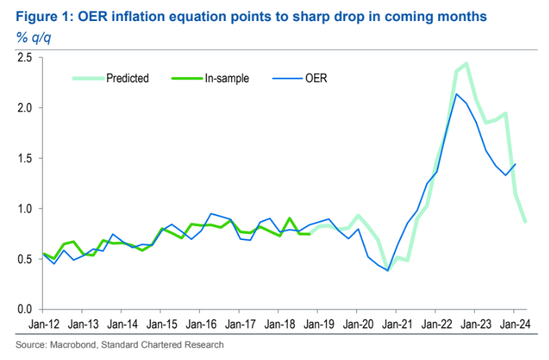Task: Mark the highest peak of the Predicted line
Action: tap(466, 64)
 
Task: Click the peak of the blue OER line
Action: tap(456, 94)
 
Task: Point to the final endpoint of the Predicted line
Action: tap(525, 221)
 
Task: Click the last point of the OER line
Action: tap(516, 164)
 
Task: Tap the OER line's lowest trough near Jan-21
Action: tap(388, 270)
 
